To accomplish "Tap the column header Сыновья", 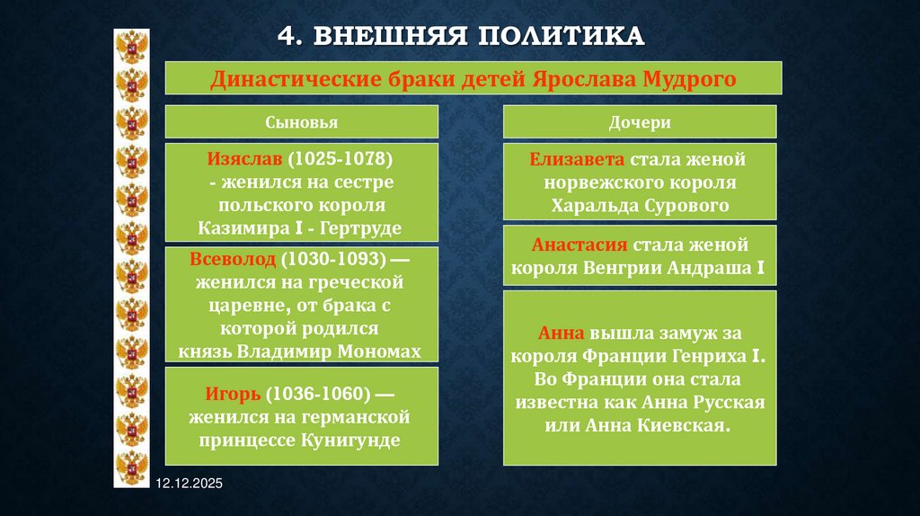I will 301,122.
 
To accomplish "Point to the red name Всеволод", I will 232,260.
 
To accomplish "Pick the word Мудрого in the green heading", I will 690,78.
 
